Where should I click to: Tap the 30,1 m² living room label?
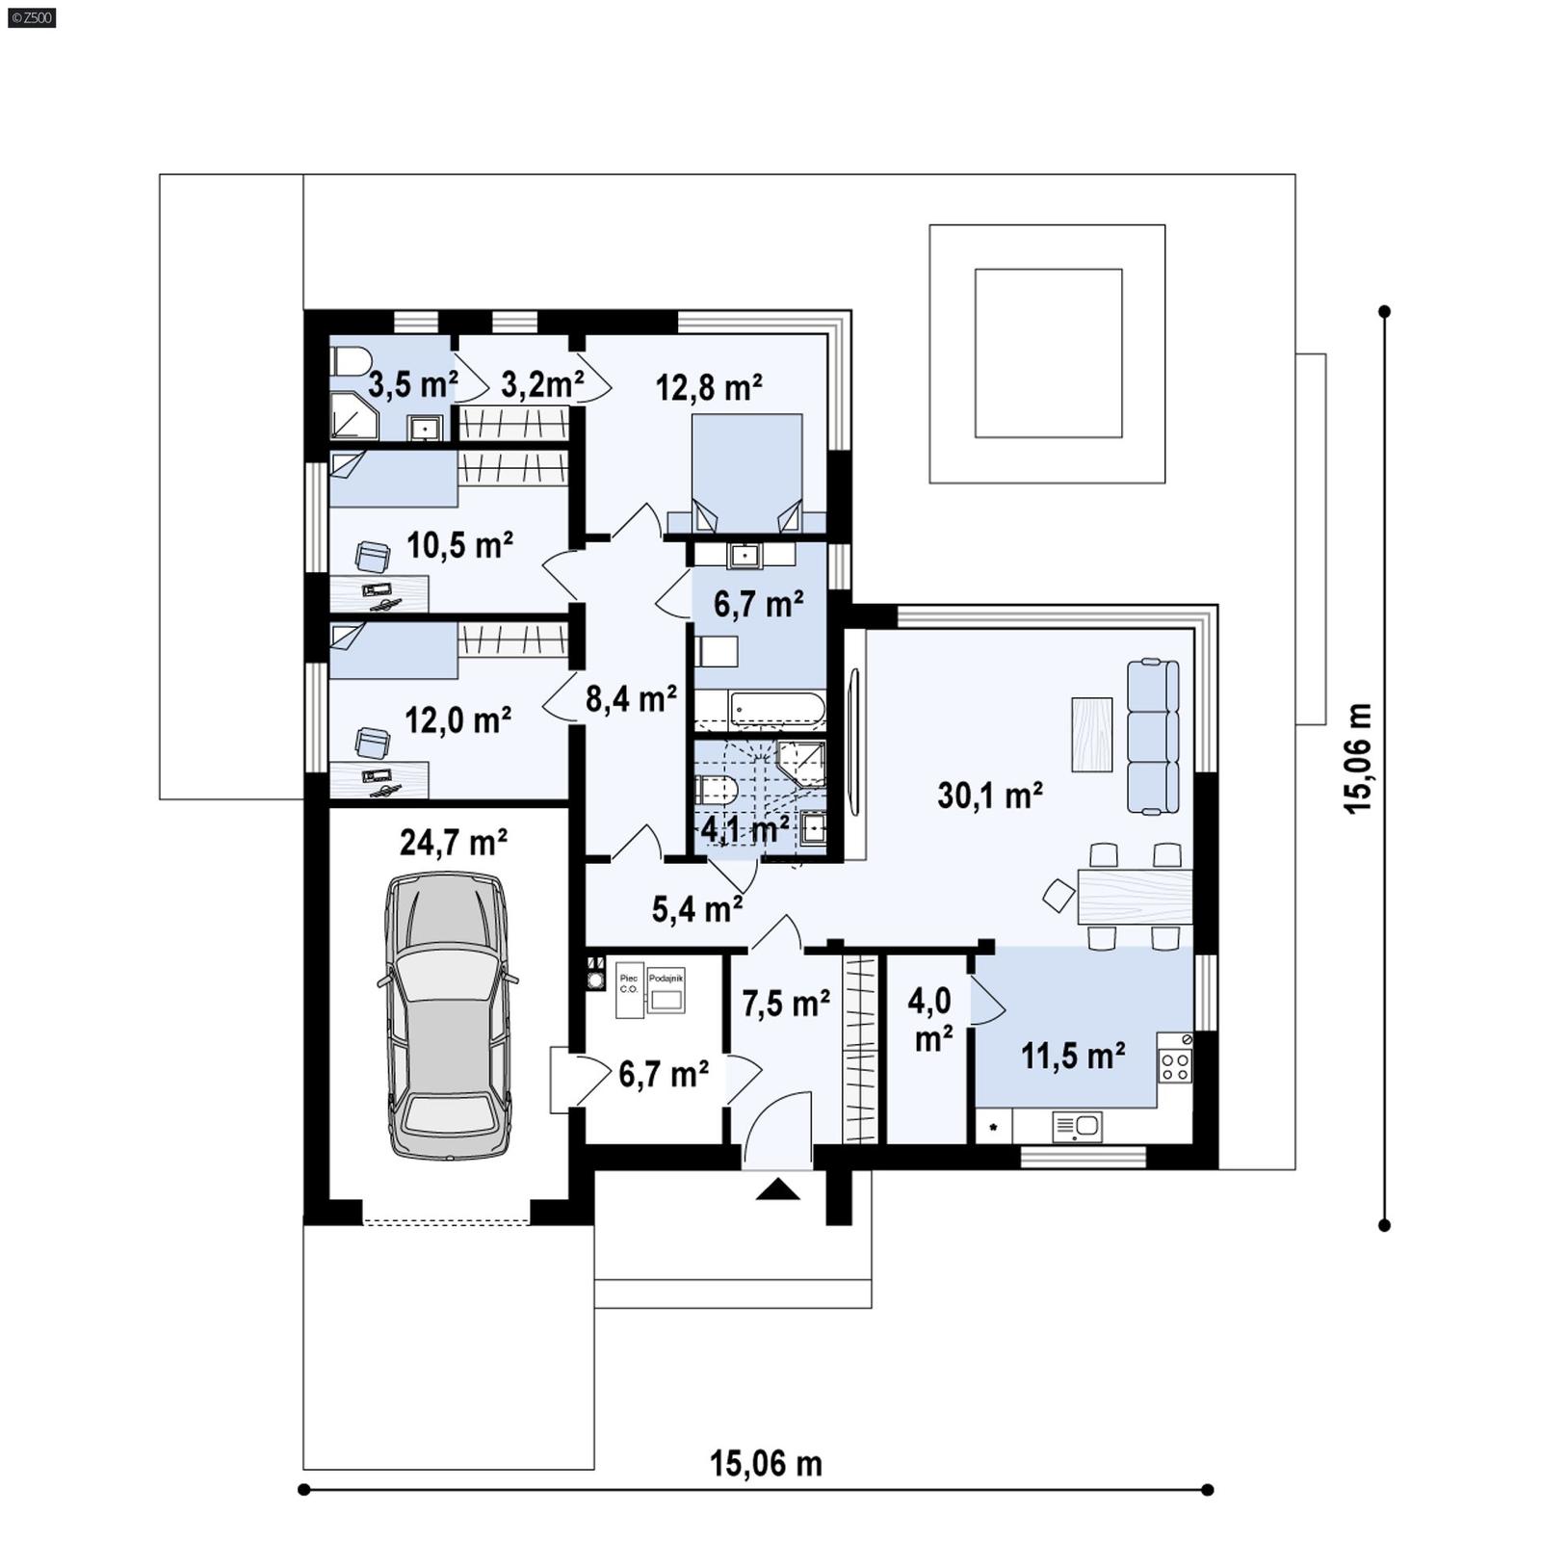coord(989,796)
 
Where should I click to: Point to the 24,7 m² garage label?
coord(453,843)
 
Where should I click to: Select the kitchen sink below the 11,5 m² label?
coord(1078,1125)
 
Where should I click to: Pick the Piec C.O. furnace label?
coord(629,983)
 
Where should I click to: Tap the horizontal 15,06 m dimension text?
coord(766,1464)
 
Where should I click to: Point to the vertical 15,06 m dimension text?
coord(1358,758)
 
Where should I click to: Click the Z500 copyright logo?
coord(31,16)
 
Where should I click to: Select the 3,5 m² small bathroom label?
coord(412,385)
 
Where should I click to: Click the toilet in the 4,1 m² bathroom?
coord(717,792)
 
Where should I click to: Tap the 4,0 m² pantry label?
coord(929,1020)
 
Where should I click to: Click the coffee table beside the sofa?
coord(1091,734)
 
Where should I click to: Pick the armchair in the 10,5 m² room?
coord(372,556)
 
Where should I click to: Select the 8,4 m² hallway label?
coord(631,698)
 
